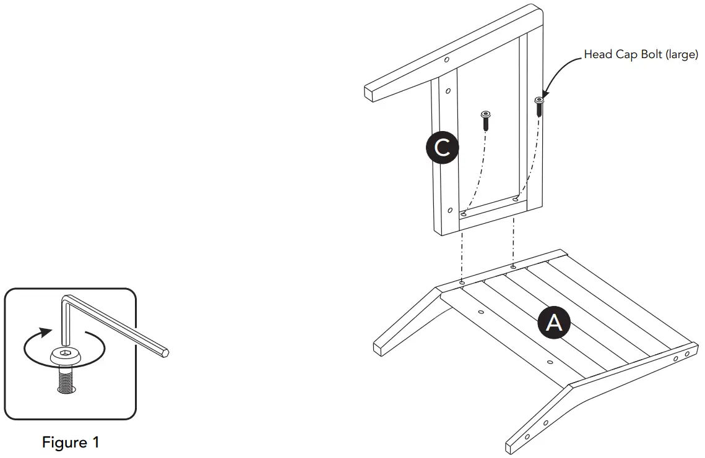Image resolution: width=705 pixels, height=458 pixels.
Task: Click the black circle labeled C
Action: point(442,148)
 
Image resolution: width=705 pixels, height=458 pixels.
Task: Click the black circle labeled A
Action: point(554,322)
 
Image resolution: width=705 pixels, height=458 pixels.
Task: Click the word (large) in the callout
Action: point(681,55)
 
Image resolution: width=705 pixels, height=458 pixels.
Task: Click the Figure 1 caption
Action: point(71,443)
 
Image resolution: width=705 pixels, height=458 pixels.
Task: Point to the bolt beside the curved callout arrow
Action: point(539,107)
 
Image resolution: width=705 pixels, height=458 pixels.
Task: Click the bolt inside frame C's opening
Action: point(485,121)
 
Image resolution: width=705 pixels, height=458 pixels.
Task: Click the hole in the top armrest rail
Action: point(446,60)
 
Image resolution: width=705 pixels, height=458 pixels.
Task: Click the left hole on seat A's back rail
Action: point(461,283)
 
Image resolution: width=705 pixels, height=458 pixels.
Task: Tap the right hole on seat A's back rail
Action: point(513,268)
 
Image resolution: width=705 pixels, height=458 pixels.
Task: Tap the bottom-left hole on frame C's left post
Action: point(450,210)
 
